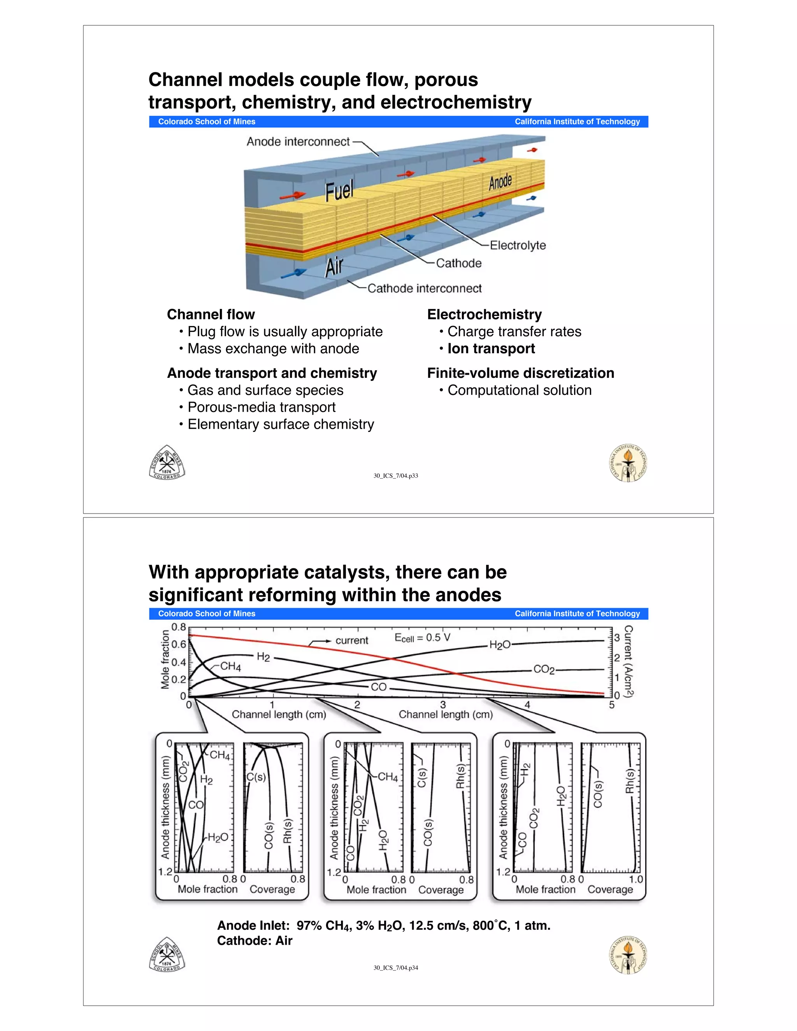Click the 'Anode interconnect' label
click(298, 142)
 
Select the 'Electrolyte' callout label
click(518, 245)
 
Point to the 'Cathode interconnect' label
click(424, 288)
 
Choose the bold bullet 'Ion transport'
click(491, 349)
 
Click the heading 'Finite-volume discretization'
click(520, 373)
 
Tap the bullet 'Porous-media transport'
click(261, 407)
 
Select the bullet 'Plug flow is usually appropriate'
click(285, 331)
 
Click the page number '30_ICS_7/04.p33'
click(396, 476)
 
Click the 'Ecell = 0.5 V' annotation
click(422, 638)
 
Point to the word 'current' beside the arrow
click(352, 641)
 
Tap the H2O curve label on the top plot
click(500, 645)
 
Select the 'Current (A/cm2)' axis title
click(628, 661)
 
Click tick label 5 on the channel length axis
click(611, 705)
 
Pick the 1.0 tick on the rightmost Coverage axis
click(636, 879)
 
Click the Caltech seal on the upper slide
click(627, 463)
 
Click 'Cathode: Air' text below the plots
click(255, 941)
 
